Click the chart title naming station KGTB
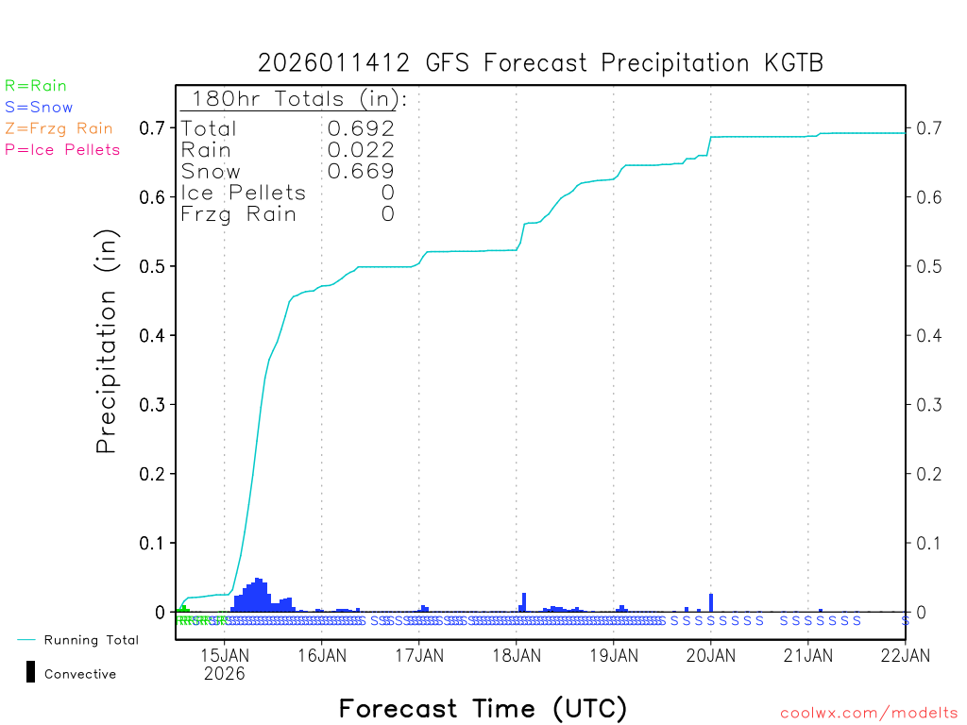click(540, 63)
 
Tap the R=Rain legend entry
click(36, 86)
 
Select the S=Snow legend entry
click(39, 108)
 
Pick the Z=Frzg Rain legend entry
click(59, 128)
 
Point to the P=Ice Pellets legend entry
click(62, 149)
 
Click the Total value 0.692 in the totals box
click(361, 128)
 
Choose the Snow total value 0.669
click(361, 171)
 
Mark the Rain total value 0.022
click(361, 149)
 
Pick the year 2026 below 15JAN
click(224, 674)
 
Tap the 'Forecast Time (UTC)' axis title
click(483, 708)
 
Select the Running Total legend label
click(91, 640)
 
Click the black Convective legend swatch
click(30, 672)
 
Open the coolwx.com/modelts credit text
click(869, 714)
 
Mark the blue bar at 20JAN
click(711, 603)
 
